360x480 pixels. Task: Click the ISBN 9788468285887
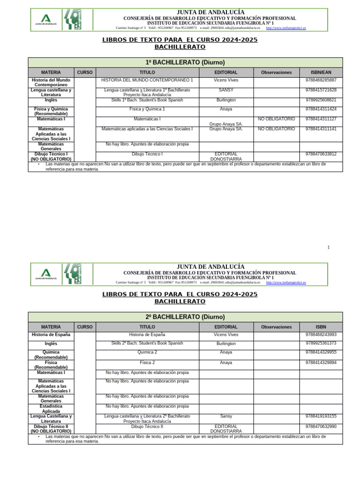click(321, 80)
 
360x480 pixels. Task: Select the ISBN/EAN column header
click(321, 73)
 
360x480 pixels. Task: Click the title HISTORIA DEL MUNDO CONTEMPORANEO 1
click(147, 80)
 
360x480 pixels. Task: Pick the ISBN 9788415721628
click(321, 90)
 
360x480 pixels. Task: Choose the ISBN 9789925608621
click(321, 100)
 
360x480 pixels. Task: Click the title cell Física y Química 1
click(147, 109)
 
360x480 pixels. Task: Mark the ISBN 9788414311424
click(321, 109)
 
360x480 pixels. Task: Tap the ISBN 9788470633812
click(321, 154)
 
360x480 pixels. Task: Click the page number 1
click(328, 247)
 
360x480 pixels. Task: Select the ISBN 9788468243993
click(321, 335)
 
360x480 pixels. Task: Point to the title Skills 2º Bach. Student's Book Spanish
click(147, 344)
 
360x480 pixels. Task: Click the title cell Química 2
click(147, 352)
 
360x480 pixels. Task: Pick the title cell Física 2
click(147, 362)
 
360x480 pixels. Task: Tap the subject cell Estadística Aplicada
click(51, 409)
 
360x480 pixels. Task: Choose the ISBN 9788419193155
click(321, 416)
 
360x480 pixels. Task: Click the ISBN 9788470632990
click(321, 427)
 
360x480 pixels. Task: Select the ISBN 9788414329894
click(321, 362)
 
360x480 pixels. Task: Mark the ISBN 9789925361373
click(321, 344)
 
